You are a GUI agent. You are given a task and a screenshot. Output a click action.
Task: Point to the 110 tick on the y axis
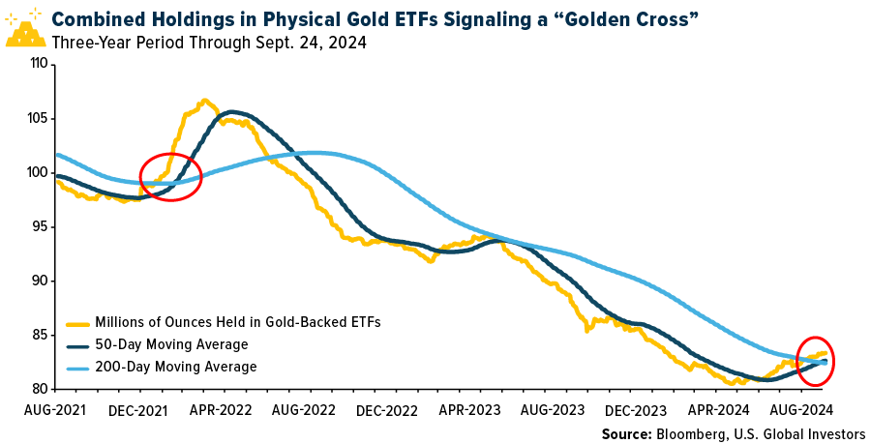point(39,64)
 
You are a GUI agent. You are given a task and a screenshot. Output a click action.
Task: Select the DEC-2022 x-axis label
point(386,409)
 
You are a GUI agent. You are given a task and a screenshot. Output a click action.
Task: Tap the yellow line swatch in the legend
point(78,322)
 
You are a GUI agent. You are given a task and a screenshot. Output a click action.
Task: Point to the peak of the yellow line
point(204,100)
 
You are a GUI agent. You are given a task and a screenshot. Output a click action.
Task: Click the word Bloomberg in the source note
point(682,432)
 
